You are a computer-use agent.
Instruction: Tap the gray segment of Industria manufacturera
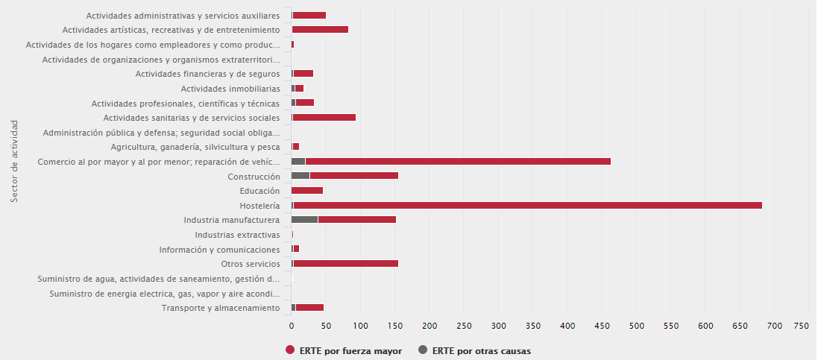click(304, 220)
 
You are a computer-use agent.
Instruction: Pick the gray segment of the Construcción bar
click(301, 176)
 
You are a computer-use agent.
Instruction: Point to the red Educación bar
click(307, 191)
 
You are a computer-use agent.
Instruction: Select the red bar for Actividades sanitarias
click(324, 118)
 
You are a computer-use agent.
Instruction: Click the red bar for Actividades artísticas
click(320, 30)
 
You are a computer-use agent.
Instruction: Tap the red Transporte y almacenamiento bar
click(309, 308)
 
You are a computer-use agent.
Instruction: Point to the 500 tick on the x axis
click(637, 327)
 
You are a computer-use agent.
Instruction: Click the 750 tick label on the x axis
click(802, 327)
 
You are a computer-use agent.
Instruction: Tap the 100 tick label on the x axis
click(360, 327)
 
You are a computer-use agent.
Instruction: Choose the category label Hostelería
click(260, 206)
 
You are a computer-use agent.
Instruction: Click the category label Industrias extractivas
click(237, 235)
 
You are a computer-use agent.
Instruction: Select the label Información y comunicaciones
click(219, 250)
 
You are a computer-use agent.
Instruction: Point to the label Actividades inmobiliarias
click(230, 89)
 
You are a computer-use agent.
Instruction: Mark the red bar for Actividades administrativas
click(309, 15)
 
